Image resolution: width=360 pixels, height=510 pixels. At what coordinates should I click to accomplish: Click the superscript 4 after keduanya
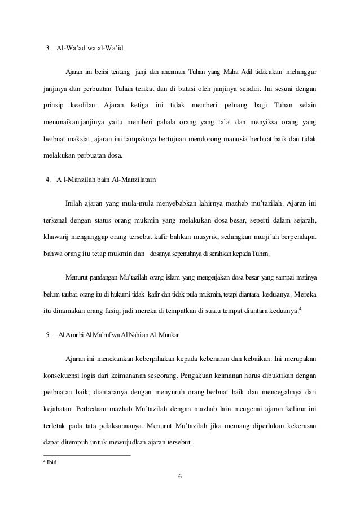pyautogui.click(x=300, y=308)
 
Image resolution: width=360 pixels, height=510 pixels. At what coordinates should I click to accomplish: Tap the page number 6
pyautogui.click(x=179, y=484)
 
